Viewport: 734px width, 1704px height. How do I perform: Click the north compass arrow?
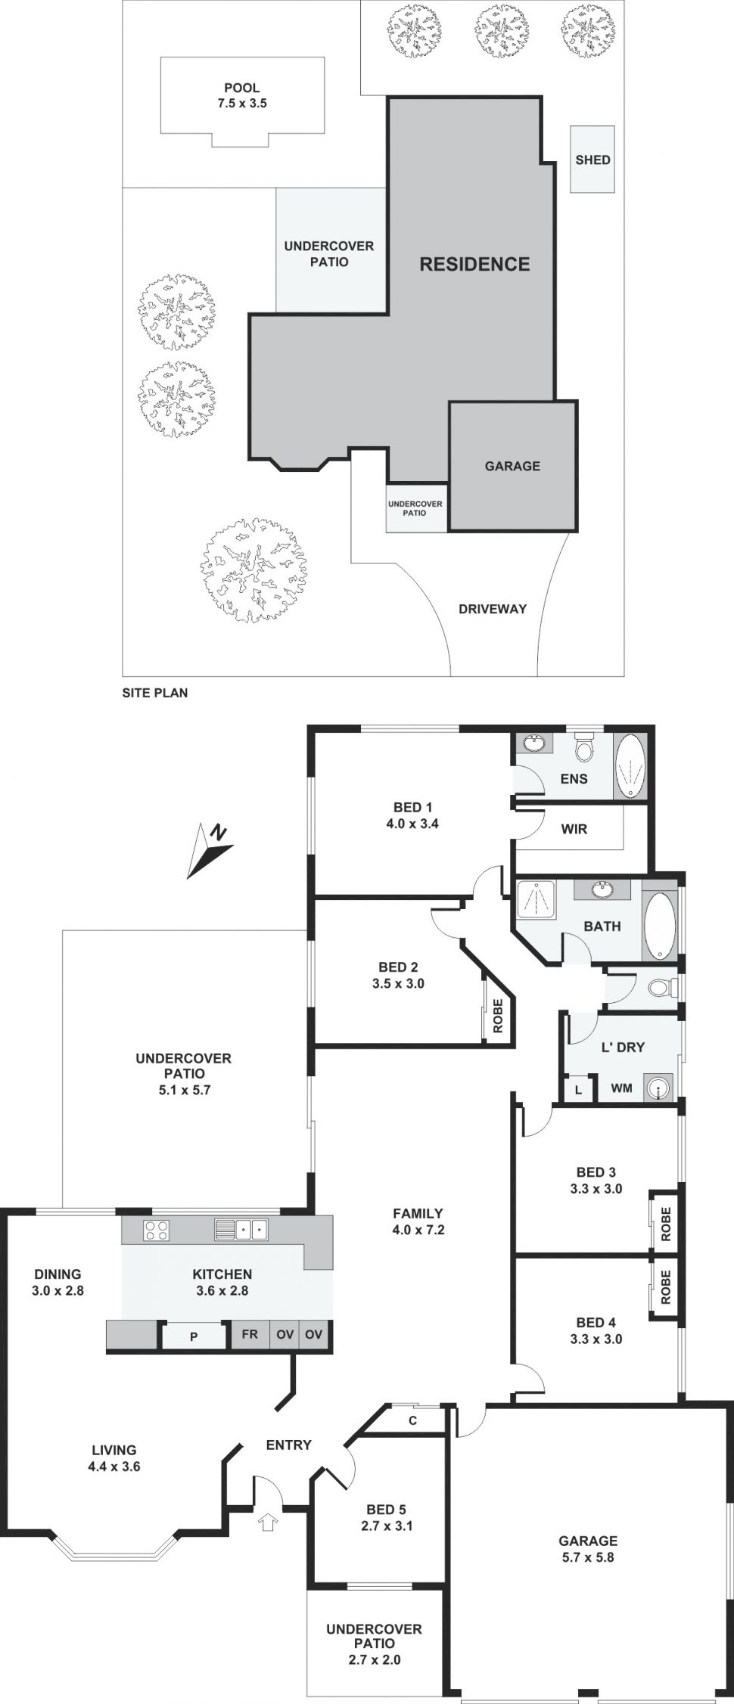[210, 850]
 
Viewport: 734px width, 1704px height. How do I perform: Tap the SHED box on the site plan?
[592, 160]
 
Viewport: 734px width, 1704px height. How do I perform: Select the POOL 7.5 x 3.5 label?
[241, 96]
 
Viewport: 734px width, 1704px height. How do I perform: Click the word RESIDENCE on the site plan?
[474, 264]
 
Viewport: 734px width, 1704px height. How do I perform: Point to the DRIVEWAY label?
[493, 609]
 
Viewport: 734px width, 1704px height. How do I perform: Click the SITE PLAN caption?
[155, 692]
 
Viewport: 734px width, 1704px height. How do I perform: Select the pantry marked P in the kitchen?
[194, 1337]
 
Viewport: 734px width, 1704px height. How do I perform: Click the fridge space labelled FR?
[250, 1335]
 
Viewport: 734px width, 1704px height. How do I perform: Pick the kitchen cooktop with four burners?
[157, 1231]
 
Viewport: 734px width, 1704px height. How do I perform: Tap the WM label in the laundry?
[621, 1088]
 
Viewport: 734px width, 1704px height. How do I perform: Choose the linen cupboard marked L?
[579, 1090]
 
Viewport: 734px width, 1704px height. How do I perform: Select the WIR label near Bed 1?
[574, 829]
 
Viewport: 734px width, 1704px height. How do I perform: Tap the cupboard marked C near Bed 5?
[412, 1421]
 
